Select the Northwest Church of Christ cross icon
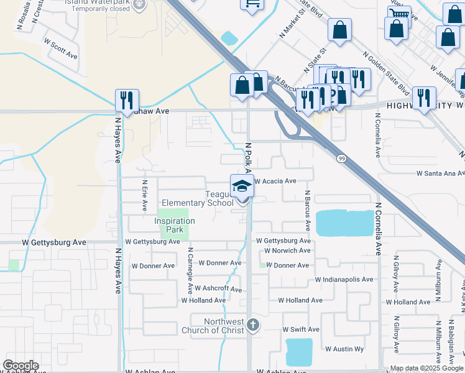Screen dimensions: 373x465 252,324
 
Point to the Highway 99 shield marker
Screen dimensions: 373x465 342,159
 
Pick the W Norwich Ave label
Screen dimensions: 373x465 287,251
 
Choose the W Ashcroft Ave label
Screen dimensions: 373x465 218,288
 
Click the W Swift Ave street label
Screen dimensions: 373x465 301,329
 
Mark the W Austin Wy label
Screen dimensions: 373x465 344,349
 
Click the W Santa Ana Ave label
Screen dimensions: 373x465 440,173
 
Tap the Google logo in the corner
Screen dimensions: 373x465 21,366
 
